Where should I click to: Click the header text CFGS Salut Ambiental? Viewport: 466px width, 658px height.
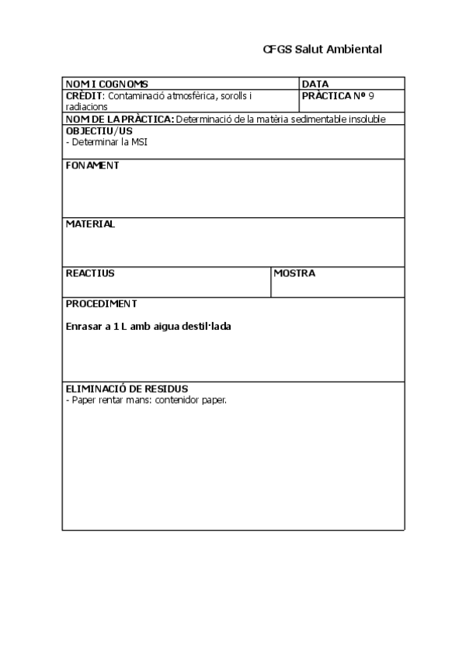322,49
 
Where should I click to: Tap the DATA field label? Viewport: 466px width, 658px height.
315,84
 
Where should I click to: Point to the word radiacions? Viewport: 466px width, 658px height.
86,106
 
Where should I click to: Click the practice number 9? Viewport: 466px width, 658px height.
371,95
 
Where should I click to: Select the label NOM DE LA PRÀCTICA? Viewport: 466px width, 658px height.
120,119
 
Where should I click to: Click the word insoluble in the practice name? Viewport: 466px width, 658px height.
366,119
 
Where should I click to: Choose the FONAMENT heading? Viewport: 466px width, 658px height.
92,165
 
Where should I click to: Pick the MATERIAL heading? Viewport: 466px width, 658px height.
90,223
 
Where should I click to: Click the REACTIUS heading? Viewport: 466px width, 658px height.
90,273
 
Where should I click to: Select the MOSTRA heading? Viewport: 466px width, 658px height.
294,273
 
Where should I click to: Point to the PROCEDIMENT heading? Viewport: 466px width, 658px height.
101,303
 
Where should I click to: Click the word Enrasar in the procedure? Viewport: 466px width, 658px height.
83,327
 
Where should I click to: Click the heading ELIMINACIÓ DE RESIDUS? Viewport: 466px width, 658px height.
127,387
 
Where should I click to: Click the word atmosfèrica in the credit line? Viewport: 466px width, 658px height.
190,95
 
